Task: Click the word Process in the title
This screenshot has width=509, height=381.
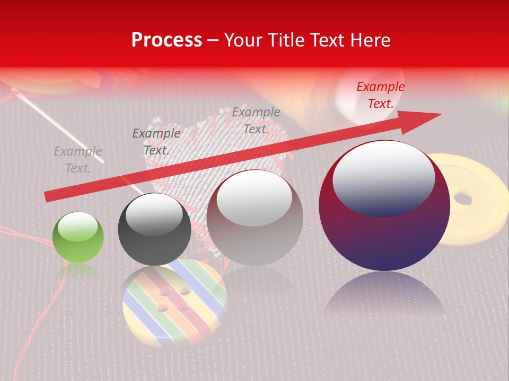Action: click(x=166, y=40)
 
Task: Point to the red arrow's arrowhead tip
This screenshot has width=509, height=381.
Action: click(x=441, y=114)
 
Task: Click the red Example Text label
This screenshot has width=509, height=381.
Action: click(x=380, y=95)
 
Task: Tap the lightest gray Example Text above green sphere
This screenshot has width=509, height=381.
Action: click(x=78, y=160)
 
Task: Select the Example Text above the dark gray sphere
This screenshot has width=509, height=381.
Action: click(x=156, y=142)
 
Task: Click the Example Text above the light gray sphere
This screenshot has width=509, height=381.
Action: click(x=256, y=120)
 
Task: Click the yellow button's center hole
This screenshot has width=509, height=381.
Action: click(x=463, y=199)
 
